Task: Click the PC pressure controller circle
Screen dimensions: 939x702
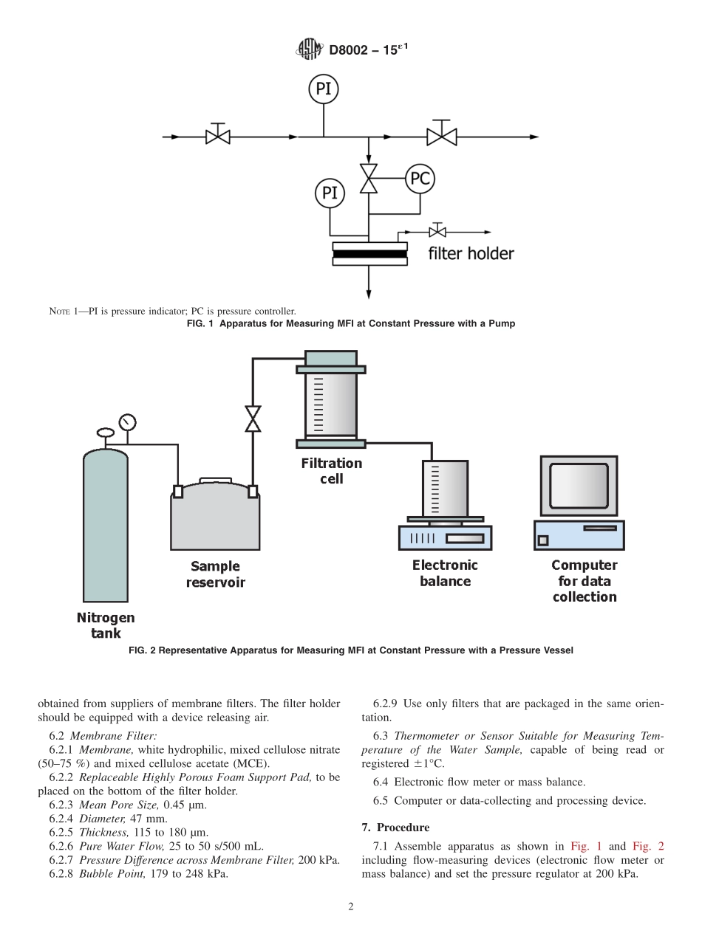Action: [420, 179]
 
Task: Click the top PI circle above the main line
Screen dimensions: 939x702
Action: [323, 89]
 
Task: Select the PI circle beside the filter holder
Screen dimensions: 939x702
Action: [329, 193]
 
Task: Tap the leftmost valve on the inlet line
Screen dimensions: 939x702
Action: [217, 137]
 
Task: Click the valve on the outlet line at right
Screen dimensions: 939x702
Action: [441, 137]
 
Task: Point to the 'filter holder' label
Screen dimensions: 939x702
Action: [471, 254]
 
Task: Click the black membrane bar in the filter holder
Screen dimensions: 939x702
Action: [369, 255]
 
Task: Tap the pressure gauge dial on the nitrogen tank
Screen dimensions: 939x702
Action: [128, 422]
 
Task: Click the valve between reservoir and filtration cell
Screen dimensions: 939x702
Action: [253, 419]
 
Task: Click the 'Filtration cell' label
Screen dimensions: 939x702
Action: [331, 471]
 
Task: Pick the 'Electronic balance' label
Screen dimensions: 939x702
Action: [445, 573]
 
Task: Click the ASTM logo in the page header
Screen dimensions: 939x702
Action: [305, 50]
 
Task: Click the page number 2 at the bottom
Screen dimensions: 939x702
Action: [351, 907]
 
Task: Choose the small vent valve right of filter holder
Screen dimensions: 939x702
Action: [437, 233]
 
